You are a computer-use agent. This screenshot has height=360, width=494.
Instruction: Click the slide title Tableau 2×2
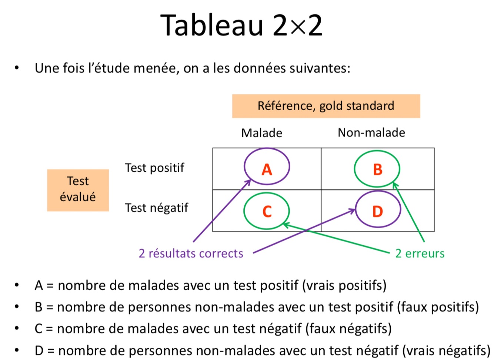pos(241,25)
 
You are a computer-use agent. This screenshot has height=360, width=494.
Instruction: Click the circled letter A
pos(267,169)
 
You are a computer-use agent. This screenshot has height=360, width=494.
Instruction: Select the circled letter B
pos(377,169)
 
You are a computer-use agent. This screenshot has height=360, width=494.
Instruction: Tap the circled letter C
pos(267,211)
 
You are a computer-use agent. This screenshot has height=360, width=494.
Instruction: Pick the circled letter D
pos(377,211)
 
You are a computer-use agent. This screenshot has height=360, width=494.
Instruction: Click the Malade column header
pos(261,133)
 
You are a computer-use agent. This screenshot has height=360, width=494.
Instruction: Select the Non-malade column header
pos(371,132)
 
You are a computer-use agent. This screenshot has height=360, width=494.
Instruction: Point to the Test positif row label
pos(154,168)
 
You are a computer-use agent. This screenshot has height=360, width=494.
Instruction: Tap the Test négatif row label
pos(156,208)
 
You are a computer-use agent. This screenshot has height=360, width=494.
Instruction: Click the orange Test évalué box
pos(78,190)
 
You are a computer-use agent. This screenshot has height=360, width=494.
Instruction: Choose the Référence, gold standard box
pos(326,106)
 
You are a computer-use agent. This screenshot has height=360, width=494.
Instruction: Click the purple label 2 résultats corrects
pos(191,253)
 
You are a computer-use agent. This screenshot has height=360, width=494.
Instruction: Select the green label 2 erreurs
pos(420,253)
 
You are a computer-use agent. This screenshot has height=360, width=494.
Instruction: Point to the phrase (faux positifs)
pos(438,307)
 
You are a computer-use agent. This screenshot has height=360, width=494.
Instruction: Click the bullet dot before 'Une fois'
pos(16,68)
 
